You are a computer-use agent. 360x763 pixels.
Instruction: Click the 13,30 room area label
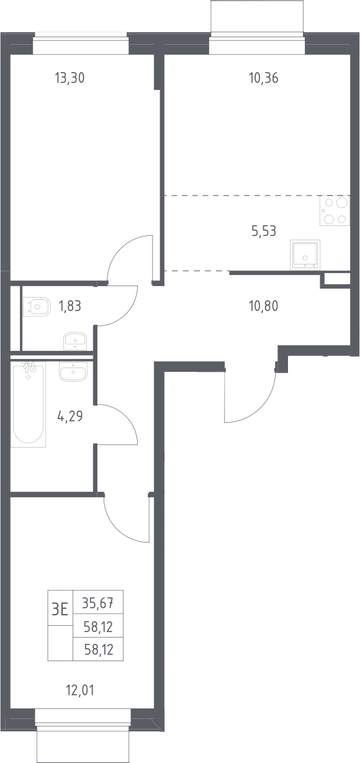70,78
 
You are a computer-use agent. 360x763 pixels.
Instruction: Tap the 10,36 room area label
264,78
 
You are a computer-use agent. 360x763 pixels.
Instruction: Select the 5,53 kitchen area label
264,231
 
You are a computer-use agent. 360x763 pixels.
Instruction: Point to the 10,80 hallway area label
264,306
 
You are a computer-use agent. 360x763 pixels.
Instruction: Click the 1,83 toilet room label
70,306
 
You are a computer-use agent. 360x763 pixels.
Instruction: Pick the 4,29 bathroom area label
70,416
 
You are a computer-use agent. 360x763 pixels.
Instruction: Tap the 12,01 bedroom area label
80,690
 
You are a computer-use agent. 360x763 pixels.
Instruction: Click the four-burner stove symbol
335,210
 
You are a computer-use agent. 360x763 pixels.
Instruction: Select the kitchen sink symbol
305,255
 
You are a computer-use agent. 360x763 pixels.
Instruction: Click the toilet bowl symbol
37,306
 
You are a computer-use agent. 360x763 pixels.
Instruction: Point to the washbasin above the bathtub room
73,371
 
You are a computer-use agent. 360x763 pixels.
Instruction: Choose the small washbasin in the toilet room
75,341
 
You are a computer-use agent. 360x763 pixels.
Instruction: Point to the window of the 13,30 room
81,43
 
